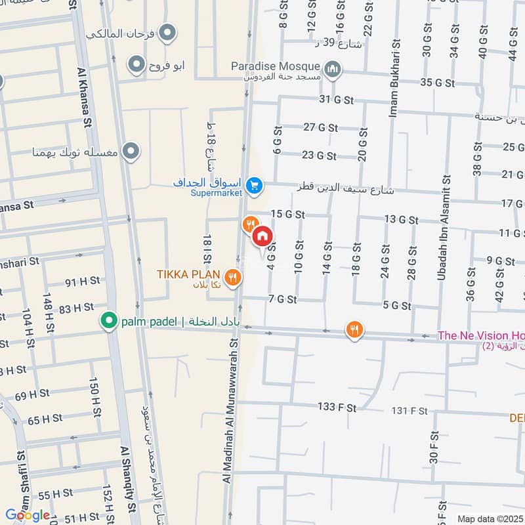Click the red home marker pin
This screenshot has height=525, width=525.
pyautogui.click(x=262, y=236)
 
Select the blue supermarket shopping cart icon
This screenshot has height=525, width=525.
pyautogui.click(x=255, y=187)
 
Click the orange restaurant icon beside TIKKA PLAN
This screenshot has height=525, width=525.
pyautogui.click(x=232, y=278)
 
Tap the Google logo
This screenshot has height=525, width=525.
pyautogui.click(x=28, y=515)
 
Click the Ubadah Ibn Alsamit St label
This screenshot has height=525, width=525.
pyautogui.click(x=447, y=227)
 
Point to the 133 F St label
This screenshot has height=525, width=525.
pyautogui.click(x=337, y=408)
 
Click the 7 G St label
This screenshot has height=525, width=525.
pyautogui.click(x=283, y=299)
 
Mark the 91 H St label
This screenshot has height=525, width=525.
pyautogui.click(x=83, y=281)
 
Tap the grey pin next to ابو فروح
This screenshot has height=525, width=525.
pyautogui.click(x=136, y=64)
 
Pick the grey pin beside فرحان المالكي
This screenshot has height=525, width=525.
pyautogui.click(x=169, y=31)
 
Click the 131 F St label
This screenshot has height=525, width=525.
pyautogui.click(x=409, y=411)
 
